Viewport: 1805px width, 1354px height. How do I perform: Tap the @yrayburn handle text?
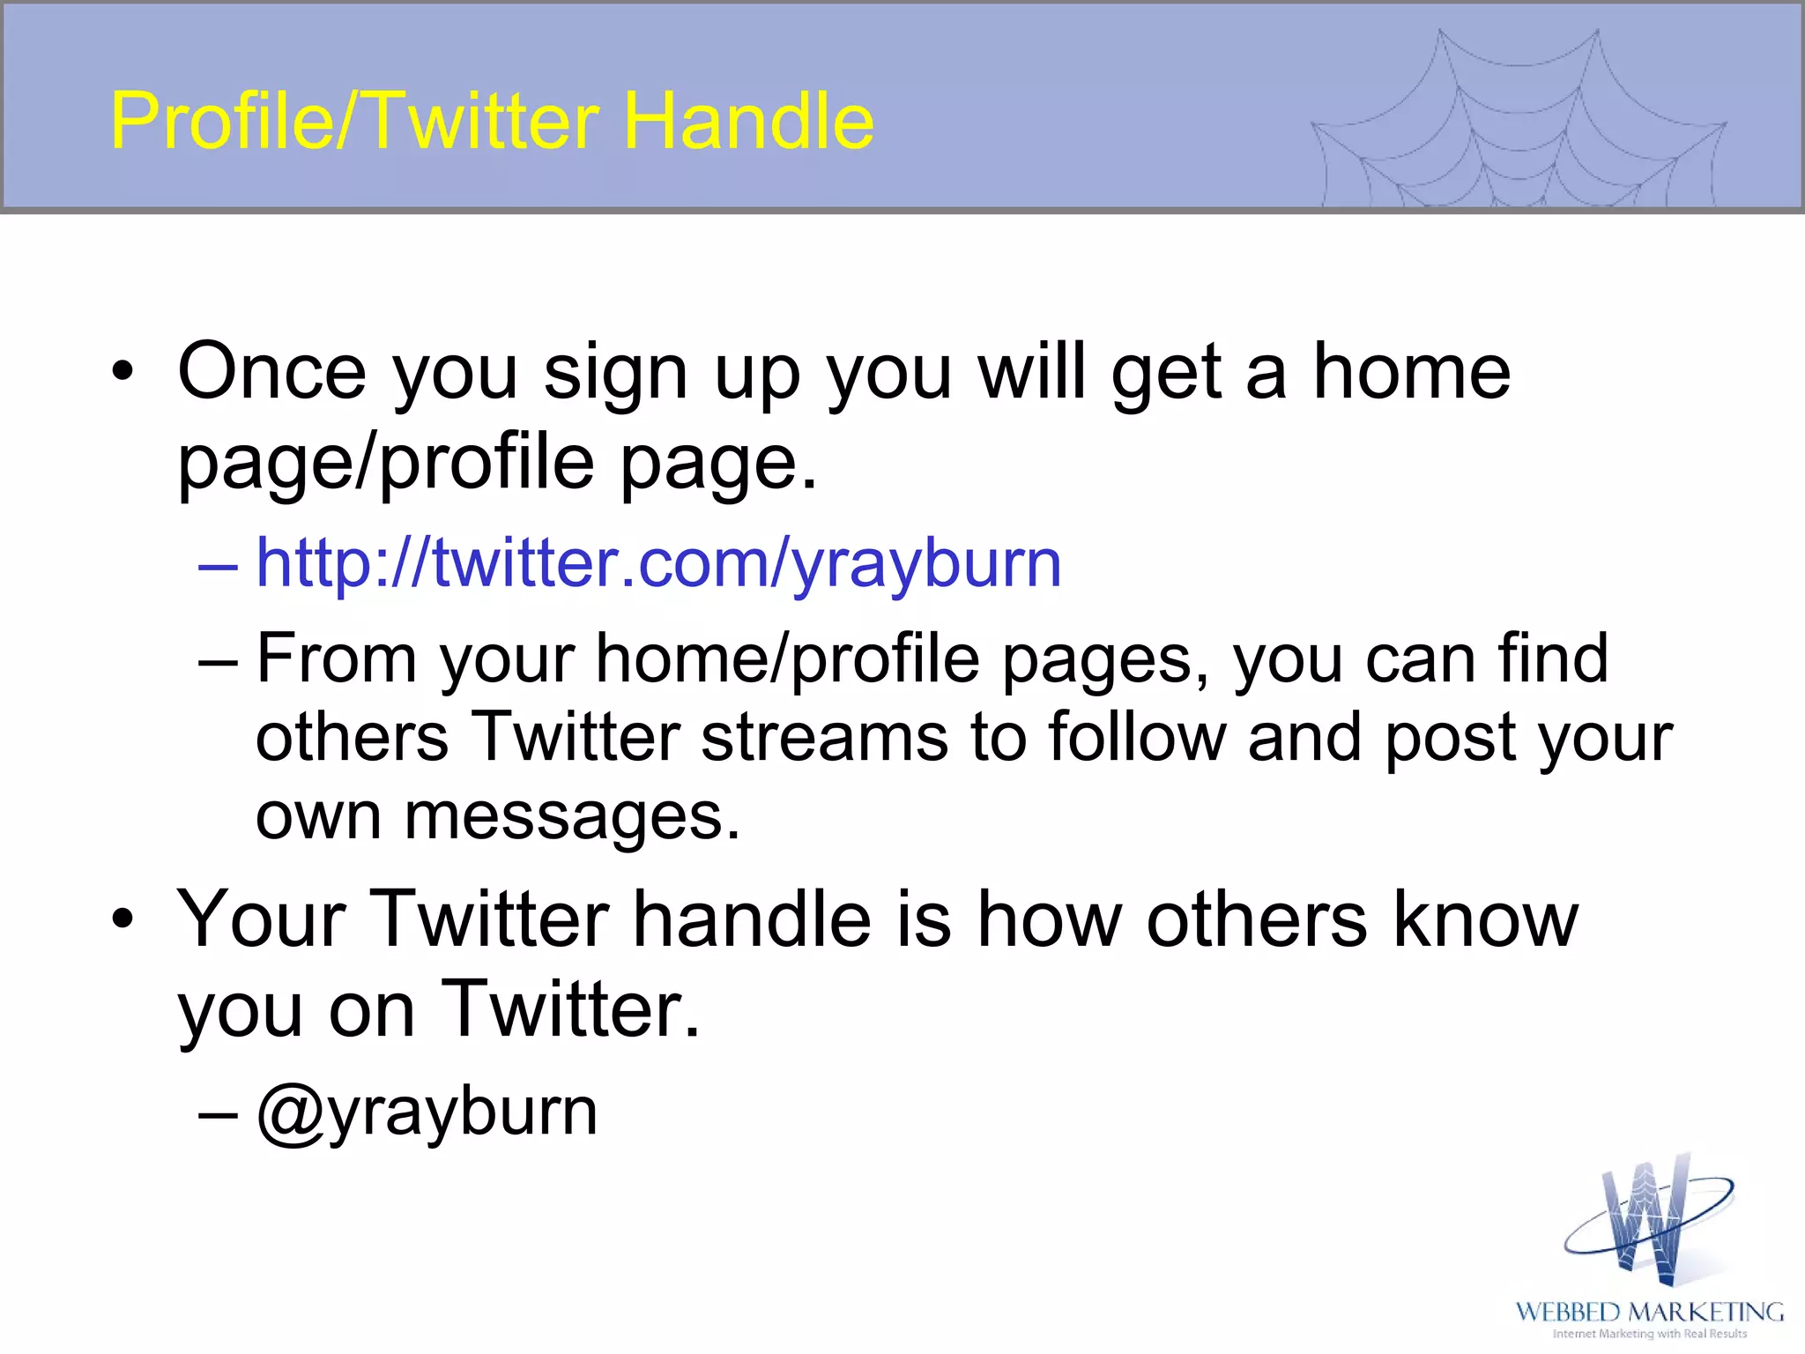pyautogui.click(x=427, y=1112)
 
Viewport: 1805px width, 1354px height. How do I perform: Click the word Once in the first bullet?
pyautogui.click(x=271, y=372)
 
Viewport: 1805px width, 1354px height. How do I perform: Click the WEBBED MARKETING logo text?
pyautogui.click(x=1649, y=1313)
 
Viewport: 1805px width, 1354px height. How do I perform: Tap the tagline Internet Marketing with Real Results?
pyautogui.click(x=1649, y=1334)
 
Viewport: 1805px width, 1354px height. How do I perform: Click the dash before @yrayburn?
pyautogui.click(x=218, y=1113)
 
